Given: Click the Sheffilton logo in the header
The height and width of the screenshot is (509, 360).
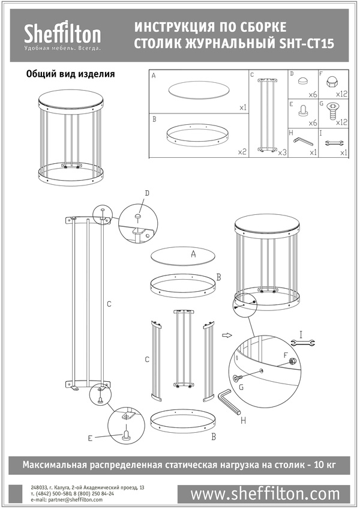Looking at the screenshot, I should coord(62,36).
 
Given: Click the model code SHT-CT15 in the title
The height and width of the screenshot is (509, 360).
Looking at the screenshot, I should coord(307,44).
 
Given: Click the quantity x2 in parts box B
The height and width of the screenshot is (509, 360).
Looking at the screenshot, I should coord(242,152).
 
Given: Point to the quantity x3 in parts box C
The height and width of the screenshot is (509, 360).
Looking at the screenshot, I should coord(282,152).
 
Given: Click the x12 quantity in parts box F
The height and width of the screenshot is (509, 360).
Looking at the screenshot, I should coord(341,94).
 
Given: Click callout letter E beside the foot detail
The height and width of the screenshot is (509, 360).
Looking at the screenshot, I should coord(90,438).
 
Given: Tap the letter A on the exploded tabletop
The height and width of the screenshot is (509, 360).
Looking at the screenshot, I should coord(193,254).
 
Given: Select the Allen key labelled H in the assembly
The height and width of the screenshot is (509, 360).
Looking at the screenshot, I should coord(231,403).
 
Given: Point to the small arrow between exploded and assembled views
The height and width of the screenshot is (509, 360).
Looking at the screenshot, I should coord(226,336).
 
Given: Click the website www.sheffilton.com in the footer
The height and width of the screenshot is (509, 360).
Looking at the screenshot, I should coord(264,494).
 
